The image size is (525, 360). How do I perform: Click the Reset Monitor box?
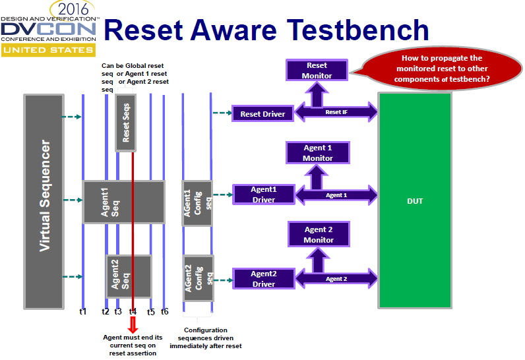[317, 71]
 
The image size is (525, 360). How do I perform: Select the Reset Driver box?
[262, 113]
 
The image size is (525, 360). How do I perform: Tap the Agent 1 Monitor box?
[318, 153]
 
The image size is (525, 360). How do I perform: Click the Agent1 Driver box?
[263, 194]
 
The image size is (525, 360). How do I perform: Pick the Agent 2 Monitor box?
[319, 235]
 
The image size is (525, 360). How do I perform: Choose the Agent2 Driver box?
[263, 278]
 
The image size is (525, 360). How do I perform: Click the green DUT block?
[414, 200]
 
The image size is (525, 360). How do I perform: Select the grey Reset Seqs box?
[126, 123]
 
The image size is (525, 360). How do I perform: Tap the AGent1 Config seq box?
[197, 202]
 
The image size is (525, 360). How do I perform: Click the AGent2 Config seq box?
[198, 278]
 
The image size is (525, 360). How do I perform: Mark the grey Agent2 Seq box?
[129, 276]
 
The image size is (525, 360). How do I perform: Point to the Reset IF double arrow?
[336, 113]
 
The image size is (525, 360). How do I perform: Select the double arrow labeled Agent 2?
[336, 279]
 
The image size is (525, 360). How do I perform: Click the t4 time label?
[133, 311]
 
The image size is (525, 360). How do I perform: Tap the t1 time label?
[82, 311]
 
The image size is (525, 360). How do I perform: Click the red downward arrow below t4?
[133, 325]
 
